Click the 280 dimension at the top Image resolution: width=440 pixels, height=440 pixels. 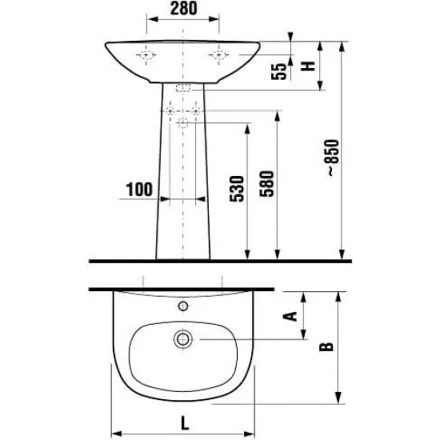pos(183,8)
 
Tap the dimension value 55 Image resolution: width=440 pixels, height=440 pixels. pos(278,71)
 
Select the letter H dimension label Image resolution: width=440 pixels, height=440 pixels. pos(308,66)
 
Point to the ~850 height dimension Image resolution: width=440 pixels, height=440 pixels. pos(333,158)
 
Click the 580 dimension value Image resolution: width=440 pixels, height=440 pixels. pos(266,184)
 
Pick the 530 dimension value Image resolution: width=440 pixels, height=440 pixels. pos(237,189)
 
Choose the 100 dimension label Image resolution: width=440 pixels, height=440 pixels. pos(139,190)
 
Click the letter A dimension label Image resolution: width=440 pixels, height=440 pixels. pos(290,316)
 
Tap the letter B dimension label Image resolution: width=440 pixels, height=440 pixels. pos(326,347)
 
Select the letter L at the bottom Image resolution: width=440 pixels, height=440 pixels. pos(185,423)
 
